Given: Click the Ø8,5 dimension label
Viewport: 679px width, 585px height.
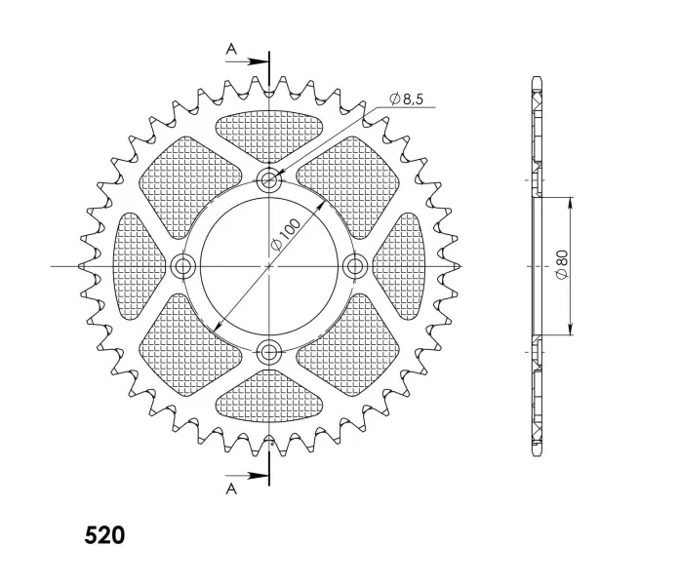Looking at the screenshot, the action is click(x=406, y=99).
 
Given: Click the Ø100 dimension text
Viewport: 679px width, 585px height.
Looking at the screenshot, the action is click(x=286, y=235).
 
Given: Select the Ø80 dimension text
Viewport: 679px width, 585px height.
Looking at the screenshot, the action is click(x=562, y=265).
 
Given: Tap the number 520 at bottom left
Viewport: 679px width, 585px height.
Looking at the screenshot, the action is click(x=104, y=535).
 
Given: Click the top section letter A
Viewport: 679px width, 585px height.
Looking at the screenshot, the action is click(x=231, y=50).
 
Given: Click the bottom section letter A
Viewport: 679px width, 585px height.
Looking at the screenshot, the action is click(x=231, y=488).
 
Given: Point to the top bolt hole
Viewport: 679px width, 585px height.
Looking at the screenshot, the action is click(x=269, y=179).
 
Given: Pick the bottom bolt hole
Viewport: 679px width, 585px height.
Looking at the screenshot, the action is click(x=269, y=352).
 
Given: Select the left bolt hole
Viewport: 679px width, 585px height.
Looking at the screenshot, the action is click(x=182, y=265).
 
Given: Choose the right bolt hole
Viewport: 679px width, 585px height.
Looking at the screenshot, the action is click(x=355, y=265).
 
